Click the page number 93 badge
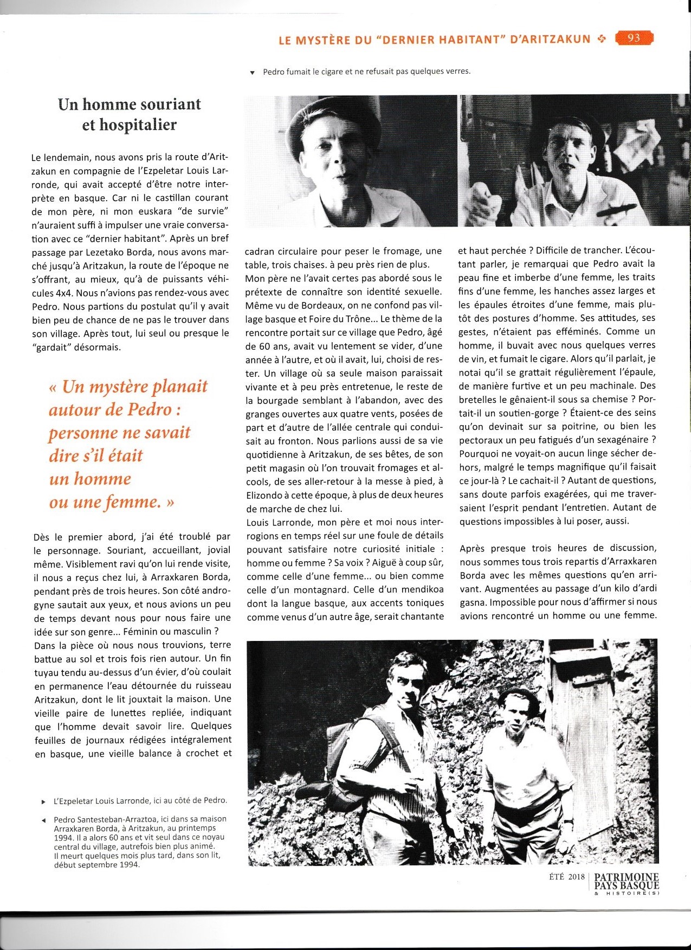tap(634, 38)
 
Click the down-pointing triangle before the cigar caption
tap(252, 73)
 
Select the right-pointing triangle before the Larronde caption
tap(43, 801)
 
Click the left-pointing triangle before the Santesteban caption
tap(43, 819)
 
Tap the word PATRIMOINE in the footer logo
tap(627, 877)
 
